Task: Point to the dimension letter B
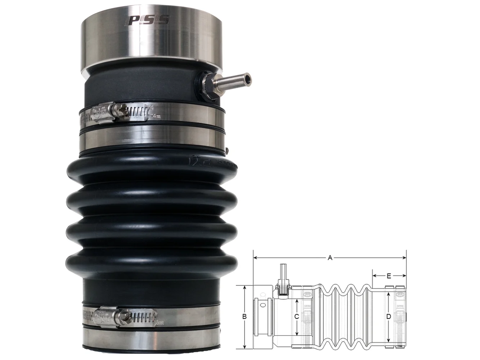coord(244,317)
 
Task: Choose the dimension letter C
coord(296,317)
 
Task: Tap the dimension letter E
coord(389,276)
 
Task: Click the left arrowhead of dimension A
coord(255,258)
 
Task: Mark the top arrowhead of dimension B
coord(244,287)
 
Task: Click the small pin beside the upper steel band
coord(229,149)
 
